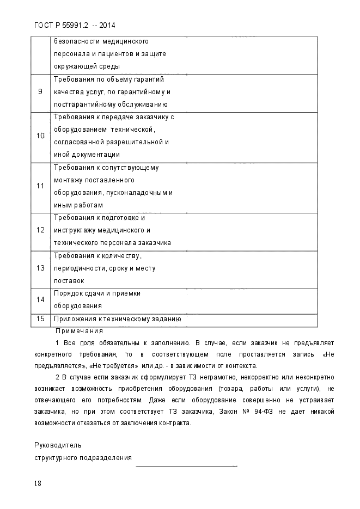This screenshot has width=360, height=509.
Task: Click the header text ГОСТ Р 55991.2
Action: [x=65, y=25]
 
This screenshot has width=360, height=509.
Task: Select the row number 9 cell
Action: [x=40, y=91]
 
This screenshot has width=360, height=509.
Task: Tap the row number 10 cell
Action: [x=40, y=136]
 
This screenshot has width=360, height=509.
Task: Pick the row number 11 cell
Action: [x=40, y=186]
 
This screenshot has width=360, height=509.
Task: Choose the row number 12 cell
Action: [x=40, y=230]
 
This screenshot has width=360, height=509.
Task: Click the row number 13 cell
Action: [x=40, y=268]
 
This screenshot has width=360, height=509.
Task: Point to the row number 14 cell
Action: [x=40, y=299]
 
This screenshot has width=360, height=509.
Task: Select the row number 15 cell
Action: [x=40, y=319]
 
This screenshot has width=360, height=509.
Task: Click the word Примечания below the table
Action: [x=80, y=330]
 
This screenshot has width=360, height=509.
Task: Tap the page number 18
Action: [x=38, y=483]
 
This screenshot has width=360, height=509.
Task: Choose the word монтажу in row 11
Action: [x=68, y=180]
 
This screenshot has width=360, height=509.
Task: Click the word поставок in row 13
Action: [x=69, y=281]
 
